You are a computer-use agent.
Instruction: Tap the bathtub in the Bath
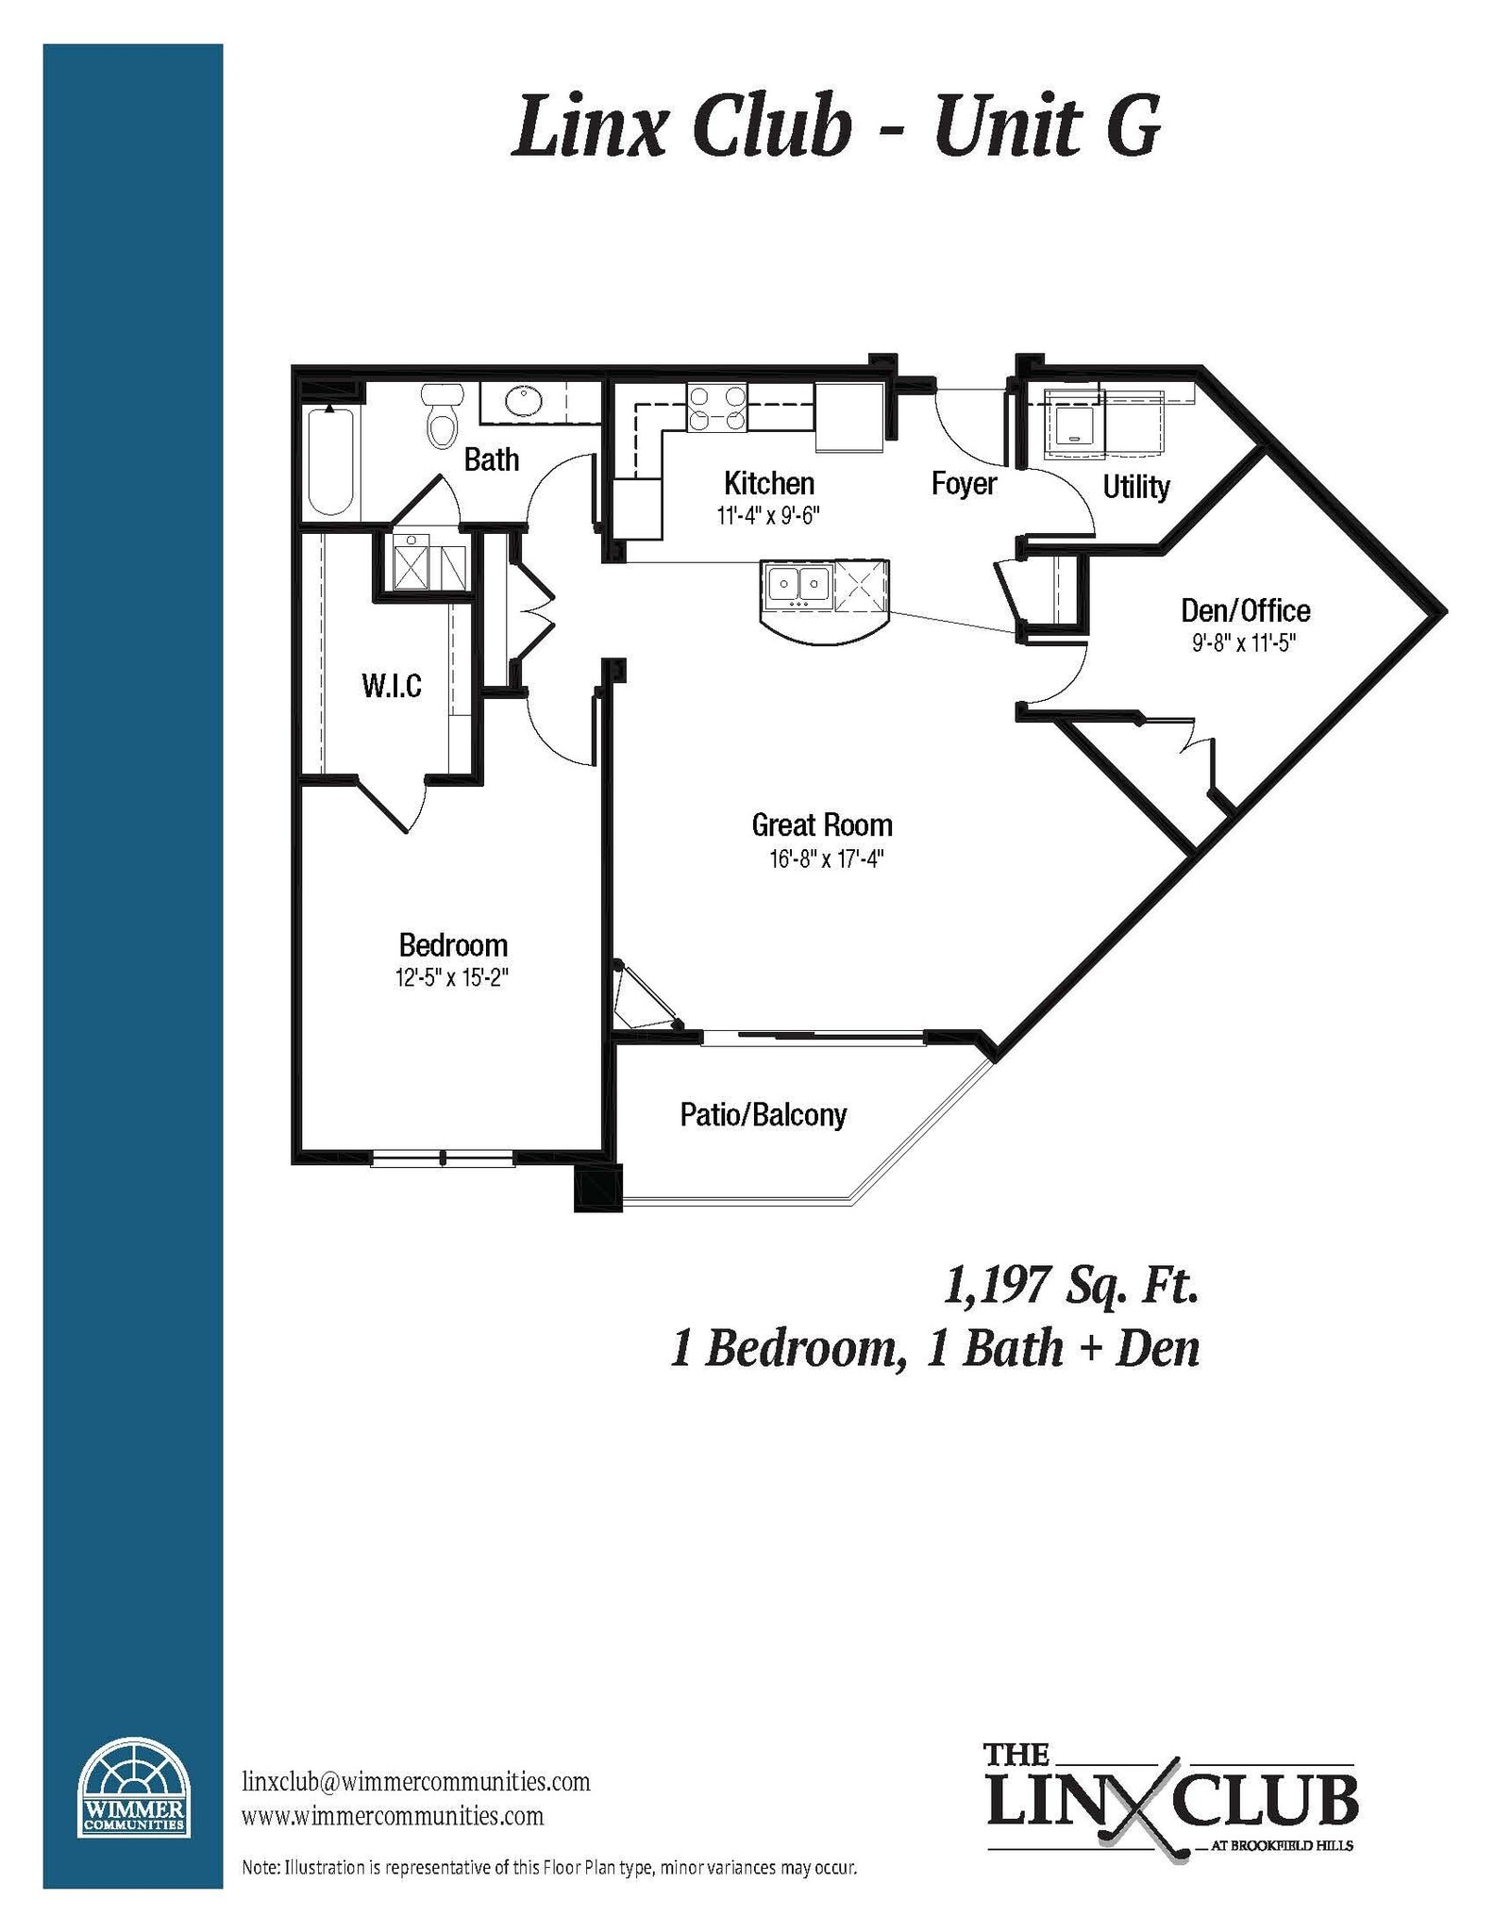pyautogui.click(x=330, y=460)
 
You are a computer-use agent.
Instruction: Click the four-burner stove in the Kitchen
pyautogui.click(x=717, y=408)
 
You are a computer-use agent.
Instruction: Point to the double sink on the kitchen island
pyautogui.click(x=797, y=586)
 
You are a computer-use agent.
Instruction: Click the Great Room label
pyautogui.click(x=822, y=825)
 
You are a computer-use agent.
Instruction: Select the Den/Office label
pyautogui.click(x=1245, y=611)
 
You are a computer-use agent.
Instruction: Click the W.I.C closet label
pyautogui.click(x=392, y=686)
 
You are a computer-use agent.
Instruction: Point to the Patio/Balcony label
pyautogui.click(x=764, y=1115)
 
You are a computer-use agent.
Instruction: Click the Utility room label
pyautogui.click(x=1136, y=487)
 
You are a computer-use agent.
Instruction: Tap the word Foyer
pyautogui.click(x=964, y=484)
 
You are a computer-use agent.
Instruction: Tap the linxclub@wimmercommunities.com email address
pyautogui.click(x=416, y=1782)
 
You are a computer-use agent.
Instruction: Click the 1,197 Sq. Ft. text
pyautogui.click(x=1071, y=1286)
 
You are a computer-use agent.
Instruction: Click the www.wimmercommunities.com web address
pyautogui.click(x=393, y=1816)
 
